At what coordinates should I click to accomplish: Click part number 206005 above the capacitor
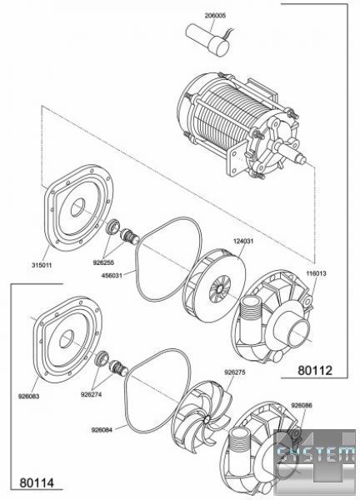(x=215, y=15)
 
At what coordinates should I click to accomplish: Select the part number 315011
(x=42, y=265)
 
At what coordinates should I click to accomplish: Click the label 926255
(x=103, y=262)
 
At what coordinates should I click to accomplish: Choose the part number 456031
(x=112, y=276)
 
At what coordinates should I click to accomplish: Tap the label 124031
(x=243, y=242)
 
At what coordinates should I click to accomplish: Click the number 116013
(x=317, y=273)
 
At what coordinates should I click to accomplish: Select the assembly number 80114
(x=37, y=482)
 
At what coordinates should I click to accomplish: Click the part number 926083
(x=28, y=397)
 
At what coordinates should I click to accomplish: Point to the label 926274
(x=91, y=394)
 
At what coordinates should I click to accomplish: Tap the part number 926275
(x=235, y=372)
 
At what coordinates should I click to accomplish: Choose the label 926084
(x=102, y=430)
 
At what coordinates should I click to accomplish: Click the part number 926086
(x=302, y=405)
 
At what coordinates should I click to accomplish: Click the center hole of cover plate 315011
(x=78, y=207)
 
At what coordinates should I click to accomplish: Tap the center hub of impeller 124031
(x=219, y=289)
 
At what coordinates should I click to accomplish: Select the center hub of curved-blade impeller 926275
(x=207, y=420)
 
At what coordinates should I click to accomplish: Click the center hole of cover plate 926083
(x=67, y=338)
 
